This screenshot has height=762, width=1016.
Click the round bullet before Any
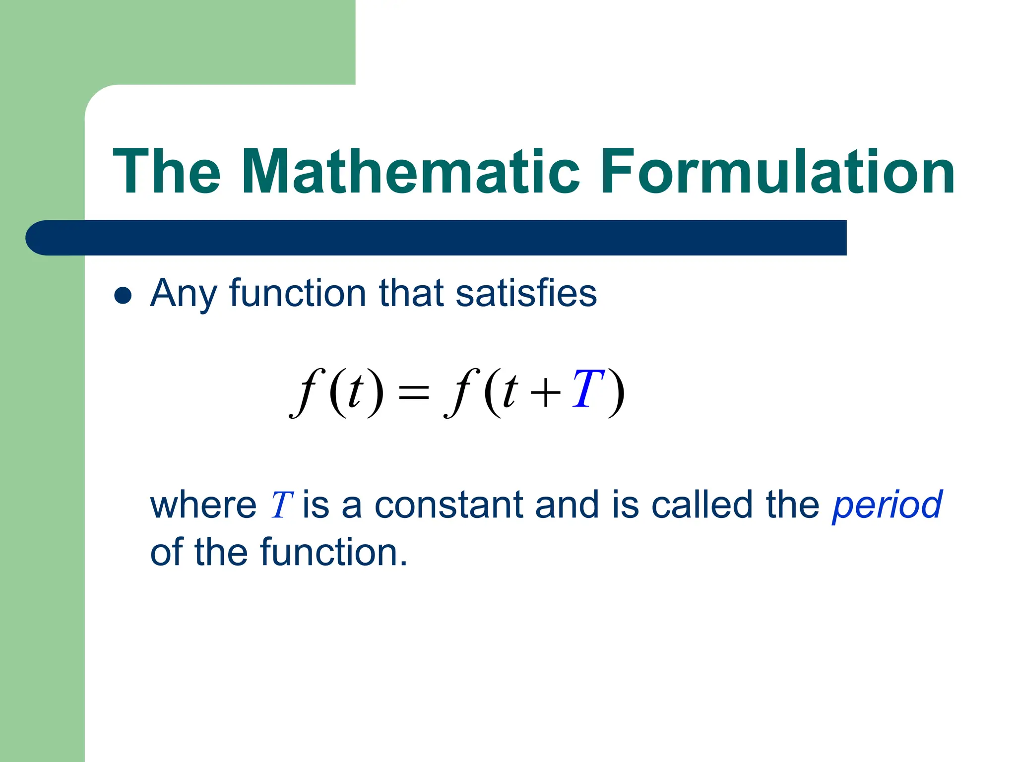(x=123, y=296)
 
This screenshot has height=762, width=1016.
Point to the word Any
(x=183, y=294)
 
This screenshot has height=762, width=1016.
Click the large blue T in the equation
(x=587, y=389)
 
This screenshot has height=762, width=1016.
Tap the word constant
(x=448, y=505)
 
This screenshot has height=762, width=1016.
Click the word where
(x=203, y=505)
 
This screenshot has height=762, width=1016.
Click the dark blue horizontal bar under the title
(x=437, y=238)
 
